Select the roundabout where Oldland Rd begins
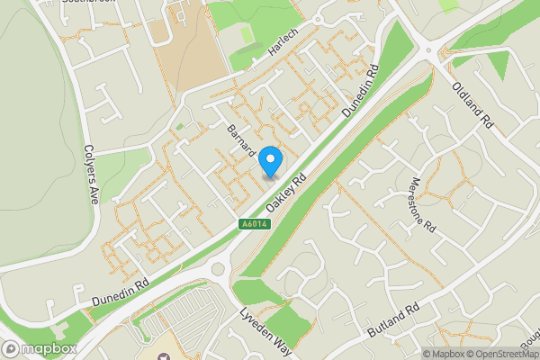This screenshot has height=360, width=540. pyautogui.click(x=431, y=52)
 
